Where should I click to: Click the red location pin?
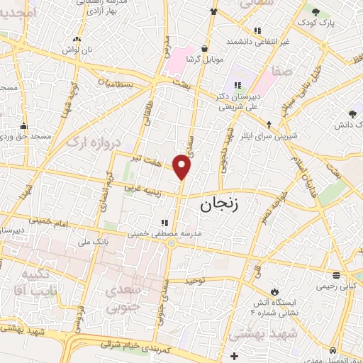[x=182, y=167]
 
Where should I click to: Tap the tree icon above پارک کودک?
[x=315, y=12]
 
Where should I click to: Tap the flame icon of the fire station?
[x=274, y=291]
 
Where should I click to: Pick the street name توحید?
[x=194, y=281]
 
